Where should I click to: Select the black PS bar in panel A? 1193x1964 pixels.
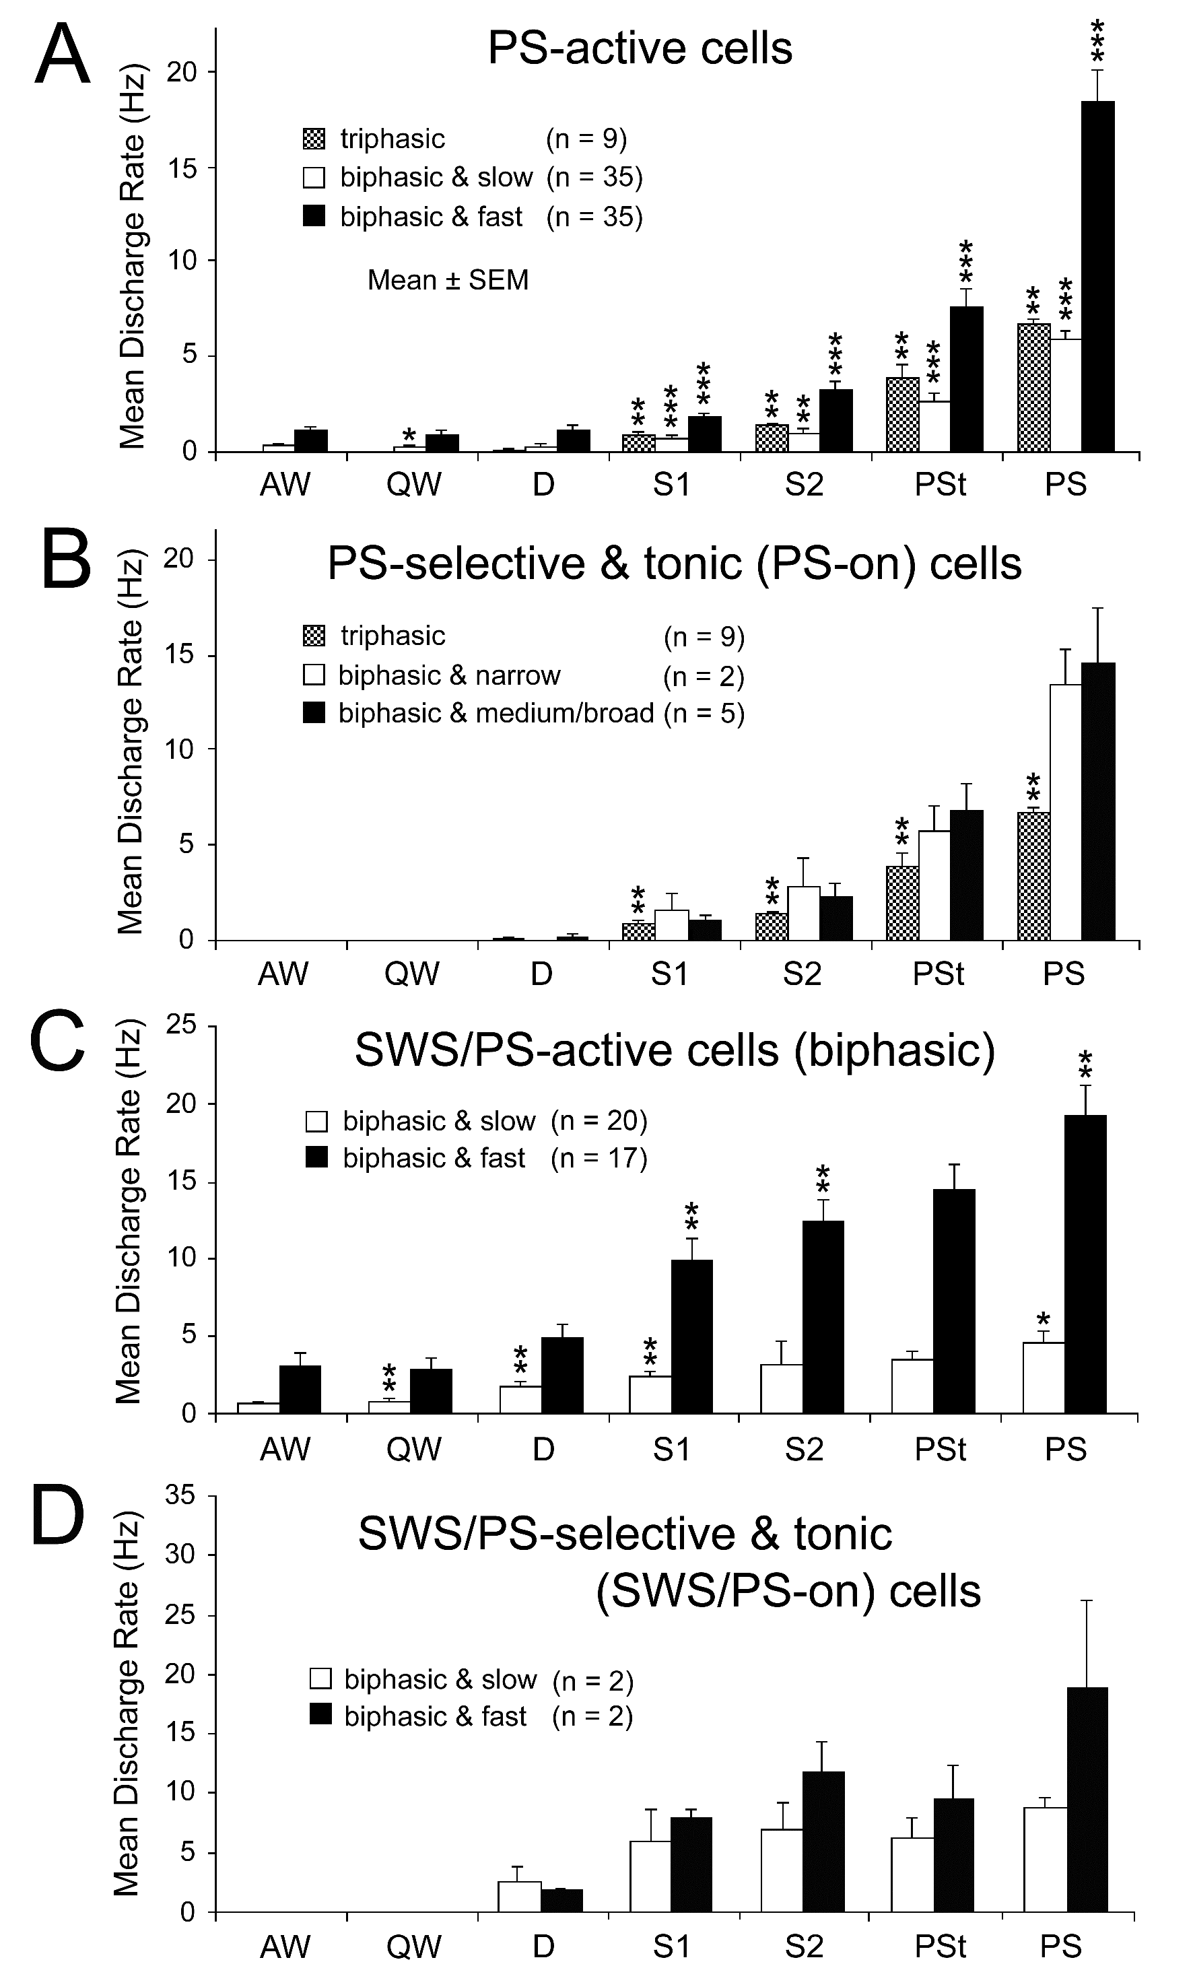click(x=1097, y=276)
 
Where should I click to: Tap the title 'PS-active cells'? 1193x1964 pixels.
click(x=640, y=48)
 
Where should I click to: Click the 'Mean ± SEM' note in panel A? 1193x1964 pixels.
click(x=448, y=281)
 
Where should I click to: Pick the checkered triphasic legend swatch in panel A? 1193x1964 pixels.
click(x=314, y=139)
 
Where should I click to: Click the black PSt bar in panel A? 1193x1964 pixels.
click(x=966, y=380)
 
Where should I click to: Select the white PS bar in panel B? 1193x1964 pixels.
click(x=1066, y=812)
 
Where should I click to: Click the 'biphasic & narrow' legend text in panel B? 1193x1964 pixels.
click(x=450, y=675)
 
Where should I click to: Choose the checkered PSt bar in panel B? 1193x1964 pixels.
click(x=902, y=903)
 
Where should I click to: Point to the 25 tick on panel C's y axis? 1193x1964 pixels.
click(x=181, y=1024)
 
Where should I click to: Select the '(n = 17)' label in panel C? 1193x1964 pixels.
click(x=599, y=1158)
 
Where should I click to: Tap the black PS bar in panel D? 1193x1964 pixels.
click(x=1087, y=1799)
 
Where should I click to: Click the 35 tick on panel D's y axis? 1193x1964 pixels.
click(x=180, y=1495)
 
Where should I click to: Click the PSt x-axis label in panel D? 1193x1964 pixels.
click(x=940, y=1947)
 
